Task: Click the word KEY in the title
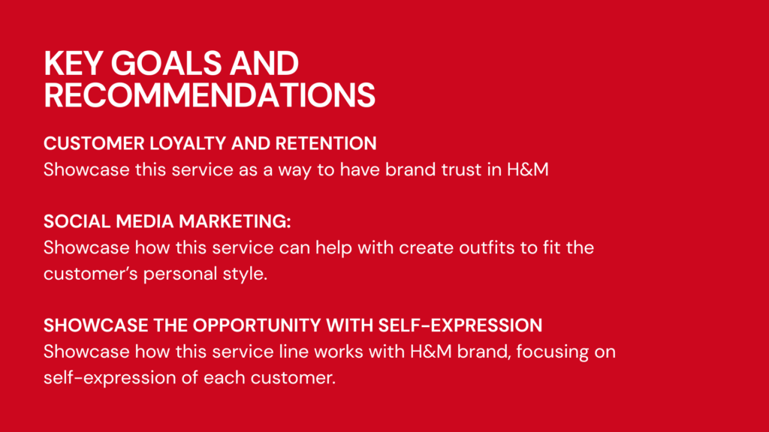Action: [74, 63]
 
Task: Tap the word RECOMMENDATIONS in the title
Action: [210, 94]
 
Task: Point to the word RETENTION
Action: [326, 143]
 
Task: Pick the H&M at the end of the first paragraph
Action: [528, 169]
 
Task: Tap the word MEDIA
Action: [145, 221]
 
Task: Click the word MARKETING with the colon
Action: [235, 221]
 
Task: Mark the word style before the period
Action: [243, 274]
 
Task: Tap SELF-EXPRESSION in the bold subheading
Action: [460, 325]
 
